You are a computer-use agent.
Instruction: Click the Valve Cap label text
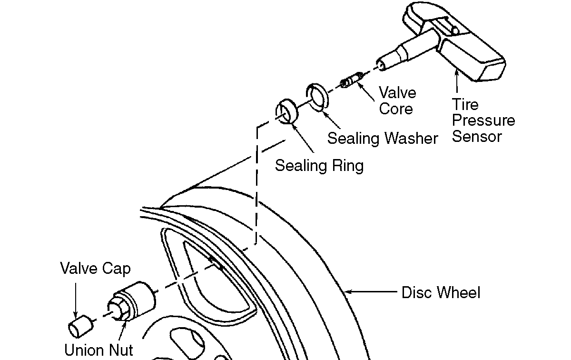95,269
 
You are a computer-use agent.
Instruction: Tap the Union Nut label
98,350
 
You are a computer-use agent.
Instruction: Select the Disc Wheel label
441,292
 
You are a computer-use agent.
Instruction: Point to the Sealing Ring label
319,166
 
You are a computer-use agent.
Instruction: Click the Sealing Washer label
383,139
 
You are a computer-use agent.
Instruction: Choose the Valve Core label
397,100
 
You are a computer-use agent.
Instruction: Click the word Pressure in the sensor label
483,120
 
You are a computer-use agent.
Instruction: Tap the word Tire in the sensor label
465,104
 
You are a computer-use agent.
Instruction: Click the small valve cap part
80,326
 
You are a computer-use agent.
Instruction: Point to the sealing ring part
287,111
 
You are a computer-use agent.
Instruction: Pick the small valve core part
352,80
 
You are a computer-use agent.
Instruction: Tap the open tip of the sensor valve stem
381,65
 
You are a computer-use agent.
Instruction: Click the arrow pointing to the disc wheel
371,291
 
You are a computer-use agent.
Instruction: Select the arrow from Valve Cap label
76,300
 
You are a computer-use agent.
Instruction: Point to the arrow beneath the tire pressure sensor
457,81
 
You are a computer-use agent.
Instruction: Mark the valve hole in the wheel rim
216,263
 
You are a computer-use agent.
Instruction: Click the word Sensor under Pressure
477,137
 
